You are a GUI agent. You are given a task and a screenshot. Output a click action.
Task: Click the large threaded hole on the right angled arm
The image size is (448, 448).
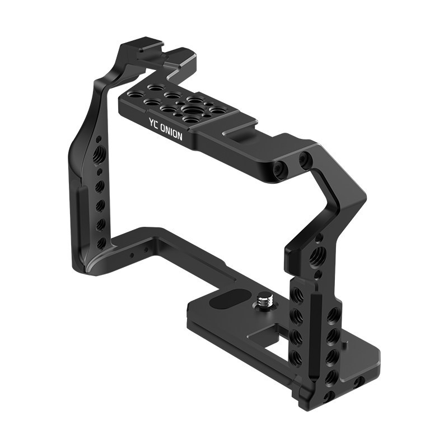[316, 255]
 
